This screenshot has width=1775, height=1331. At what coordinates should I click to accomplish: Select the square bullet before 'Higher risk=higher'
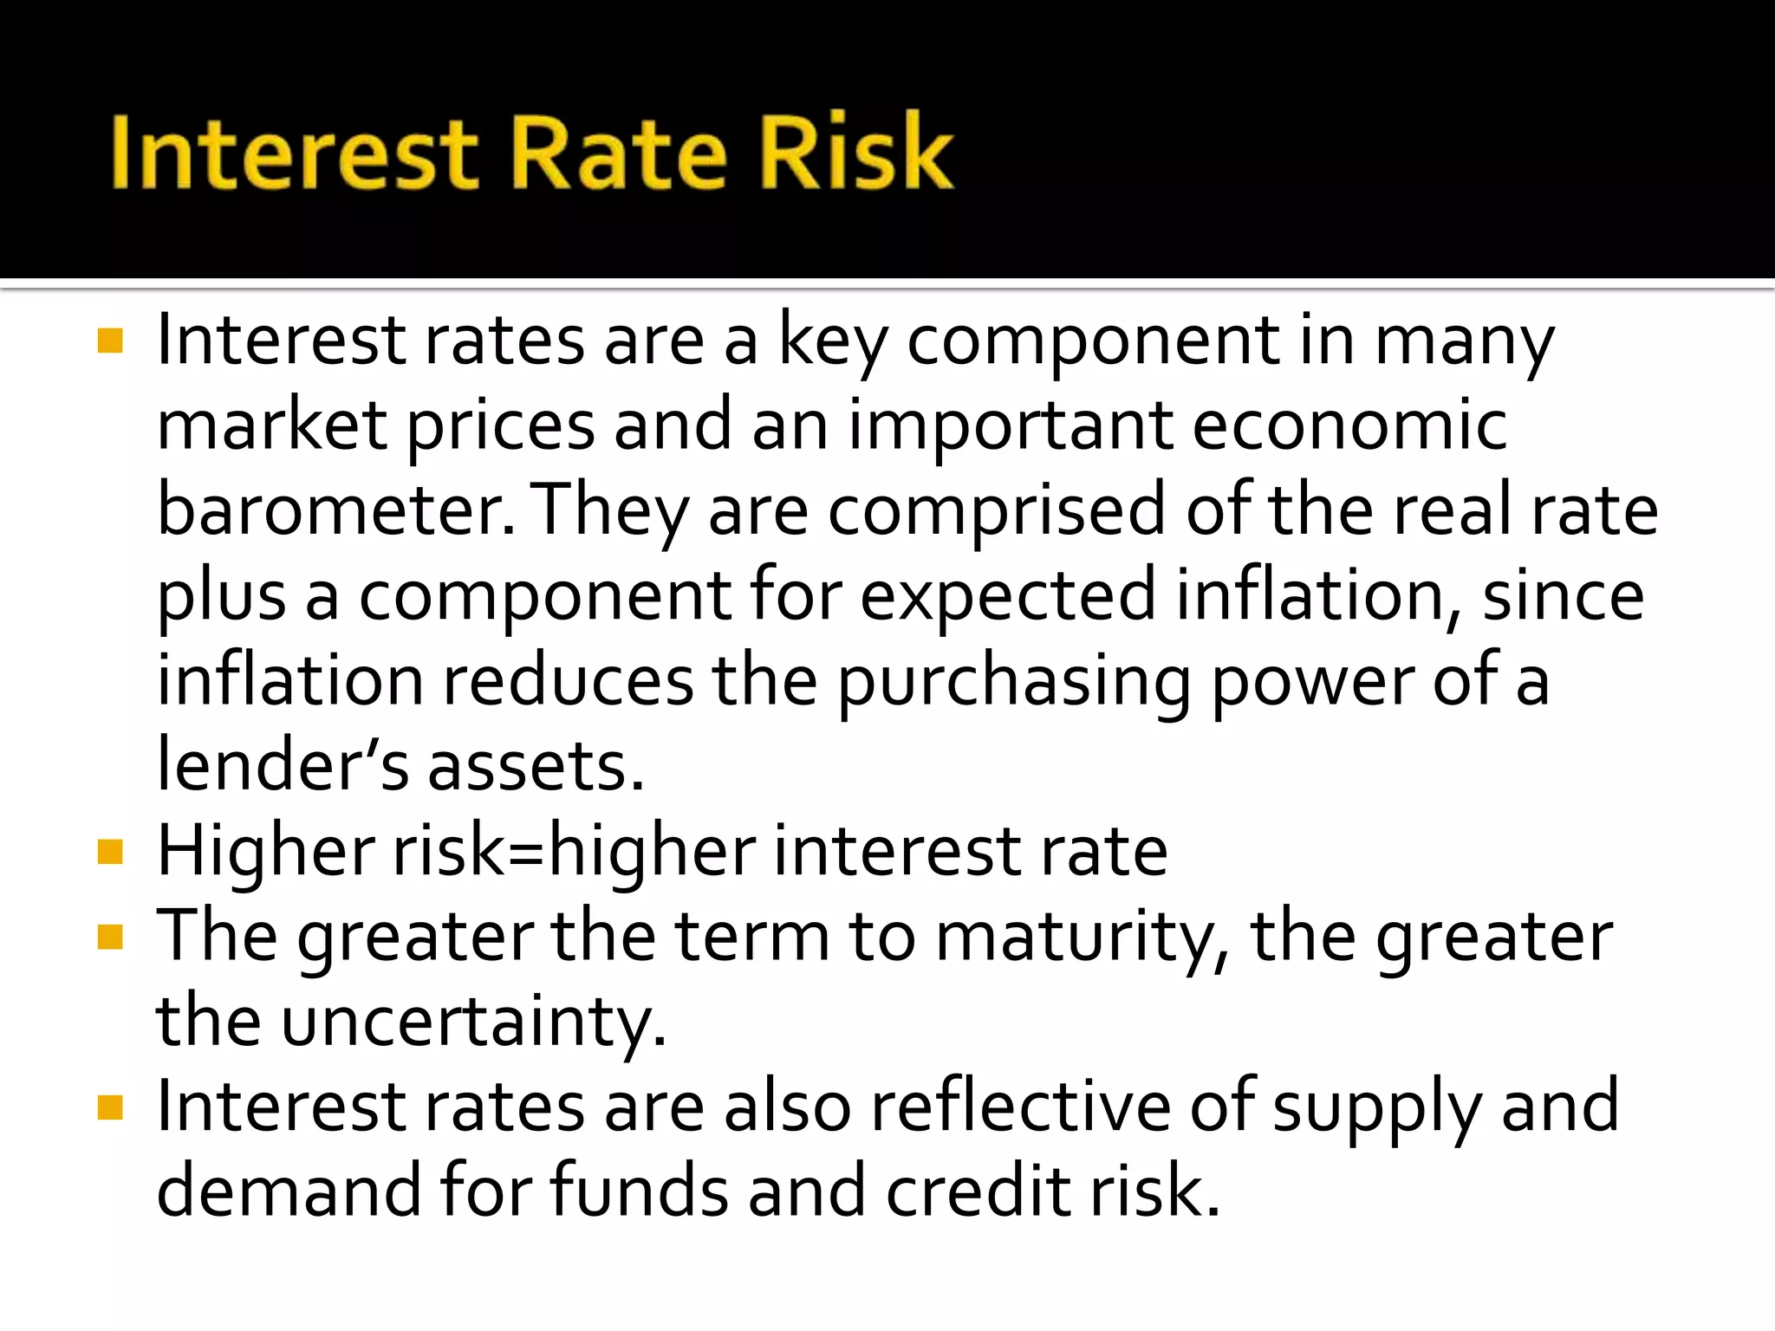tap(110, 853)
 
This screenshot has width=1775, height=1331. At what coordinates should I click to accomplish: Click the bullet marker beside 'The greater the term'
tap(110, 938)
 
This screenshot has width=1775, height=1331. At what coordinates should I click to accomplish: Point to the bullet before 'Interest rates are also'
tap(110, 1108)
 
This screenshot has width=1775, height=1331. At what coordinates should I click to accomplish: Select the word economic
tap(1349, 426)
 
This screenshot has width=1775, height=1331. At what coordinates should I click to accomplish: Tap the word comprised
tap(997, 511)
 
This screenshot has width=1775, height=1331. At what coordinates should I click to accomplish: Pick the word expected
tap(1008, 596)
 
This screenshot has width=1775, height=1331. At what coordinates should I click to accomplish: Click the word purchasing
tap(1013, 682)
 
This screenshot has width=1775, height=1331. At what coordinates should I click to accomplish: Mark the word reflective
tap(1020, 1107)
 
